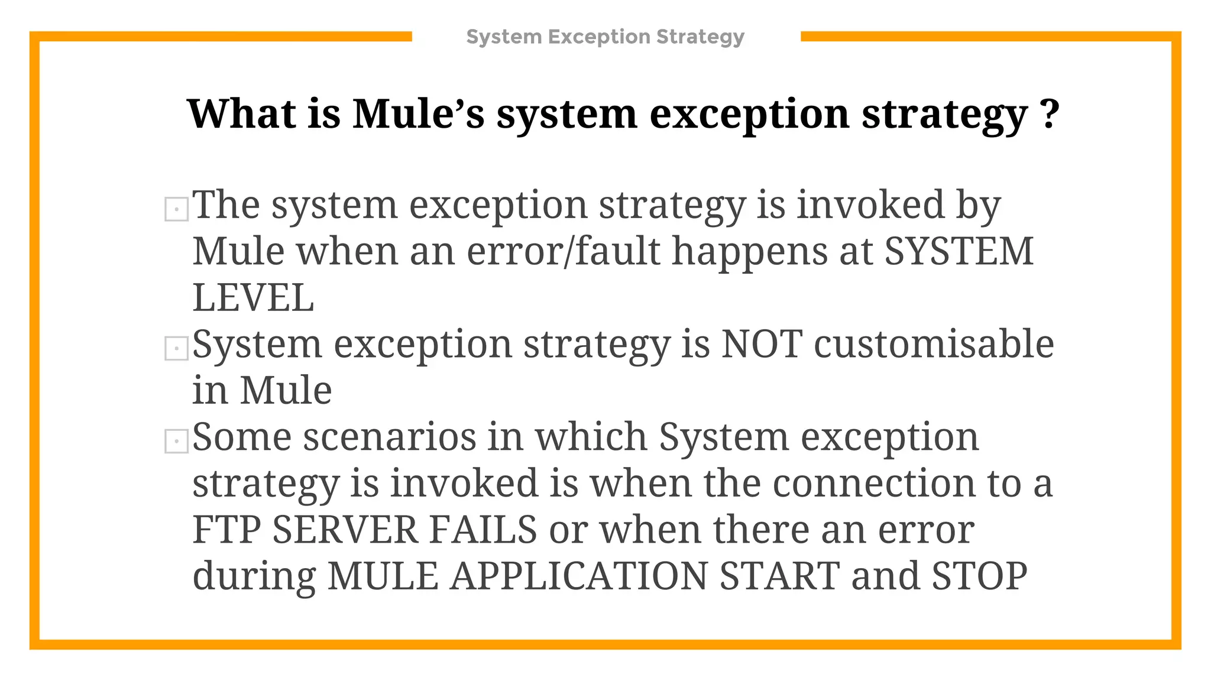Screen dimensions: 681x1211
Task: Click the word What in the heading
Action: click(x=241, y=113)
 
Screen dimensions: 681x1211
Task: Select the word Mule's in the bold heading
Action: click(x=418, y=113)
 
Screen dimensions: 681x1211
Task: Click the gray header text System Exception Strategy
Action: click(x=605, y=37)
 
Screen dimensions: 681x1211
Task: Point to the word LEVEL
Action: click(x=253, y=298)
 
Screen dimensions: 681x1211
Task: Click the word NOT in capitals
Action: click(x=762, y=344)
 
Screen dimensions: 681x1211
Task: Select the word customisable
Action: click(x=934, y=344)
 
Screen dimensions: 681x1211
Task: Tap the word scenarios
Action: click(x=390, y=437)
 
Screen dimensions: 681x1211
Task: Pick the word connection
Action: click(x=874, y=484)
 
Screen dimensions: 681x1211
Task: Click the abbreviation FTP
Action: click(x=226, y=530)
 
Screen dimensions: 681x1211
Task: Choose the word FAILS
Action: click(x=483, y=530)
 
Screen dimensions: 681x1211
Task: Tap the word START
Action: click(x=779, y=576)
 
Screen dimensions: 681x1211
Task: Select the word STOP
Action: click(x=979, y=576)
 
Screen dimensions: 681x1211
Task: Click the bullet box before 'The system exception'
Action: click(x=176, y=209)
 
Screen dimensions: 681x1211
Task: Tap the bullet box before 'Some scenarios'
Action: click(x=176, y=442)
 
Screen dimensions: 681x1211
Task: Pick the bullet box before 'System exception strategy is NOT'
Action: click(x=176, y=348)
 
